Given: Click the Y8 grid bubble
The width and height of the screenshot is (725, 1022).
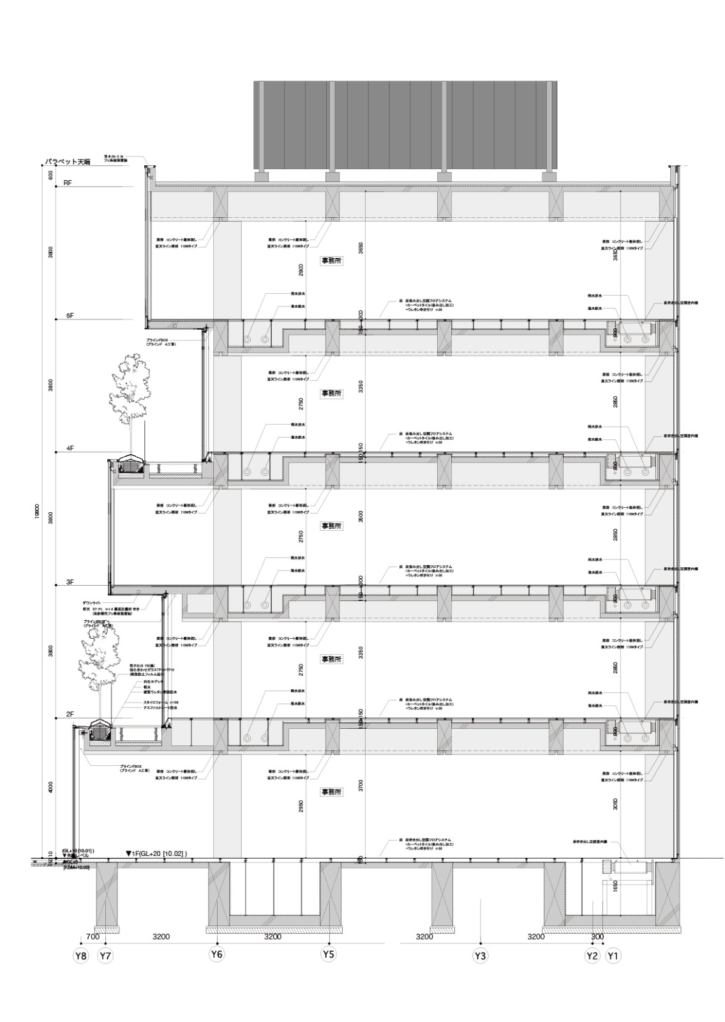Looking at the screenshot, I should pos(80,956).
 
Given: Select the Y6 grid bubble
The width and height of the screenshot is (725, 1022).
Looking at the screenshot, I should pos(217,954).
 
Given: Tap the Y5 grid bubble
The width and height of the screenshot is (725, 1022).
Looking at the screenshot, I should pos(329,954).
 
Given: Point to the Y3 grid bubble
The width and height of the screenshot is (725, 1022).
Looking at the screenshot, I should pos(480,956).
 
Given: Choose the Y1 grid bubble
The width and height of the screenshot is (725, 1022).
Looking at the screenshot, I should pos(613,956).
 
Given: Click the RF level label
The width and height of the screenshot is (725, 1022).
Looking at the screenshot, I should pos(68,183).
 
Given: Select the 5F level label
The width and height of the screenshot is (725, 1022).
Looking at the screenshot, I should pos(70,316).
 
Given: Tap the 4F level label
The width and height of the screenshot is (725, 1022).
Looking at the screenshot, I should pos(70,449).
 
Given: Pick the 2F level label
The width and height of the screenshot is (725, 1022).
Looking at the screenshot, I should pos(70,715).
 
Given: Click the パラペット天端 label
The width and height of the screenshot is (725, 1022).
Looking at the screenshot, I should pos(67,162).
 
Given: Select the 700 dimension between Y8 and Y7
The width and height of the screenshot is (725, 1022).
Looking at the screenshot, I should pos(92,936).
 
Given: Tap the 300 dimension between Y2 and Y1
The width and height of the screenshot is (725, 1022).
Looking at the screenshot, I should pos(597,936).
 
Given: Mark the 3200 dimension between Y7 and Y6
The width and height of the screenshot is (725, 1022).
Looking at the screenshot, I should pos(161,936).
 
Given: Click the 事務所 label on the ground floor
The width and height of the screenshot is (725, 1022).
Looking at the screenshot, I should pos(332,792).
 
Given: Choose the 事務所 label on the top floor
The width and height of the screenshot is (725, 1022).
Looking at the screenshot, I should pos(332,261).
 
